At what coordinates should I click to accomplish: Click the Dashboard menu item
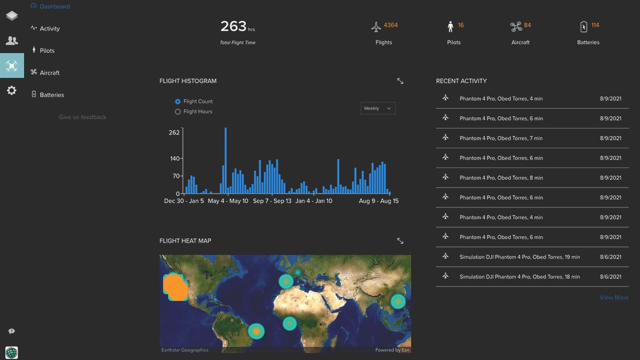(54, 6)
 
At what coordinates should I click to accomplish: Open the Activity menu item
(50, 29)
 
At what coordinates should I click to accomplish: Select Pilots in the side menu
(47, 51)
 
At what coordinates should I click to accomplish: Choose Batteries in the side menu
(52, 95)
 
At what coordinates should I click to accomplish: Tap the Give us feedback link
(83, 117)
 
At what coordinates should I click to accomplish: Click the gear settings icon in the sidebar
(12, 91)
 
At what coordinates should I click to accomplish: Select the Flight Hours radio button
(178, 111)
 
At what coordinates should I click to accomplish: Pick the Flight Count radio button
(178, 101)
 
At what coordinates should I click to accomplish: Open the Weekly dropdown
(378, 108)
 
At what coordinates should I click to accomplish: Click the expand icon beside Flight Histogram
(400, 81)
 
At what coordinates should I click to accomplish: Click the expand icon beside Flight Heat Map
(400, 241)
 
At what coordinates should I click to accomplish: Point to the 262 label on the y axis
(174, 132)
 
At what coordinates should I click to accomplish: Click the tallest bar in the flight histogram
(226, 160)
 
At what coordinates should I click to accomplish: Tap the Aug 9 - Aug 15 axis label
(378, 201)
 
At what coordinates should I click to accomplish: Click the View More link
(614, 298)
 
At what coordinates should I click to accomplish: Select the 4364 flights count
(390, 25)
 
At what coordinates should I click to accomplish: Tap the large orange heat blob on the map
(175, 287)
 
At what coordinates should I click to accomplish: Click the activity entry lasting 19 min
(519, 257)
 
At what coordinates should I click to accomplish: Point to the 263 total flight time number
(233, 26)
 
